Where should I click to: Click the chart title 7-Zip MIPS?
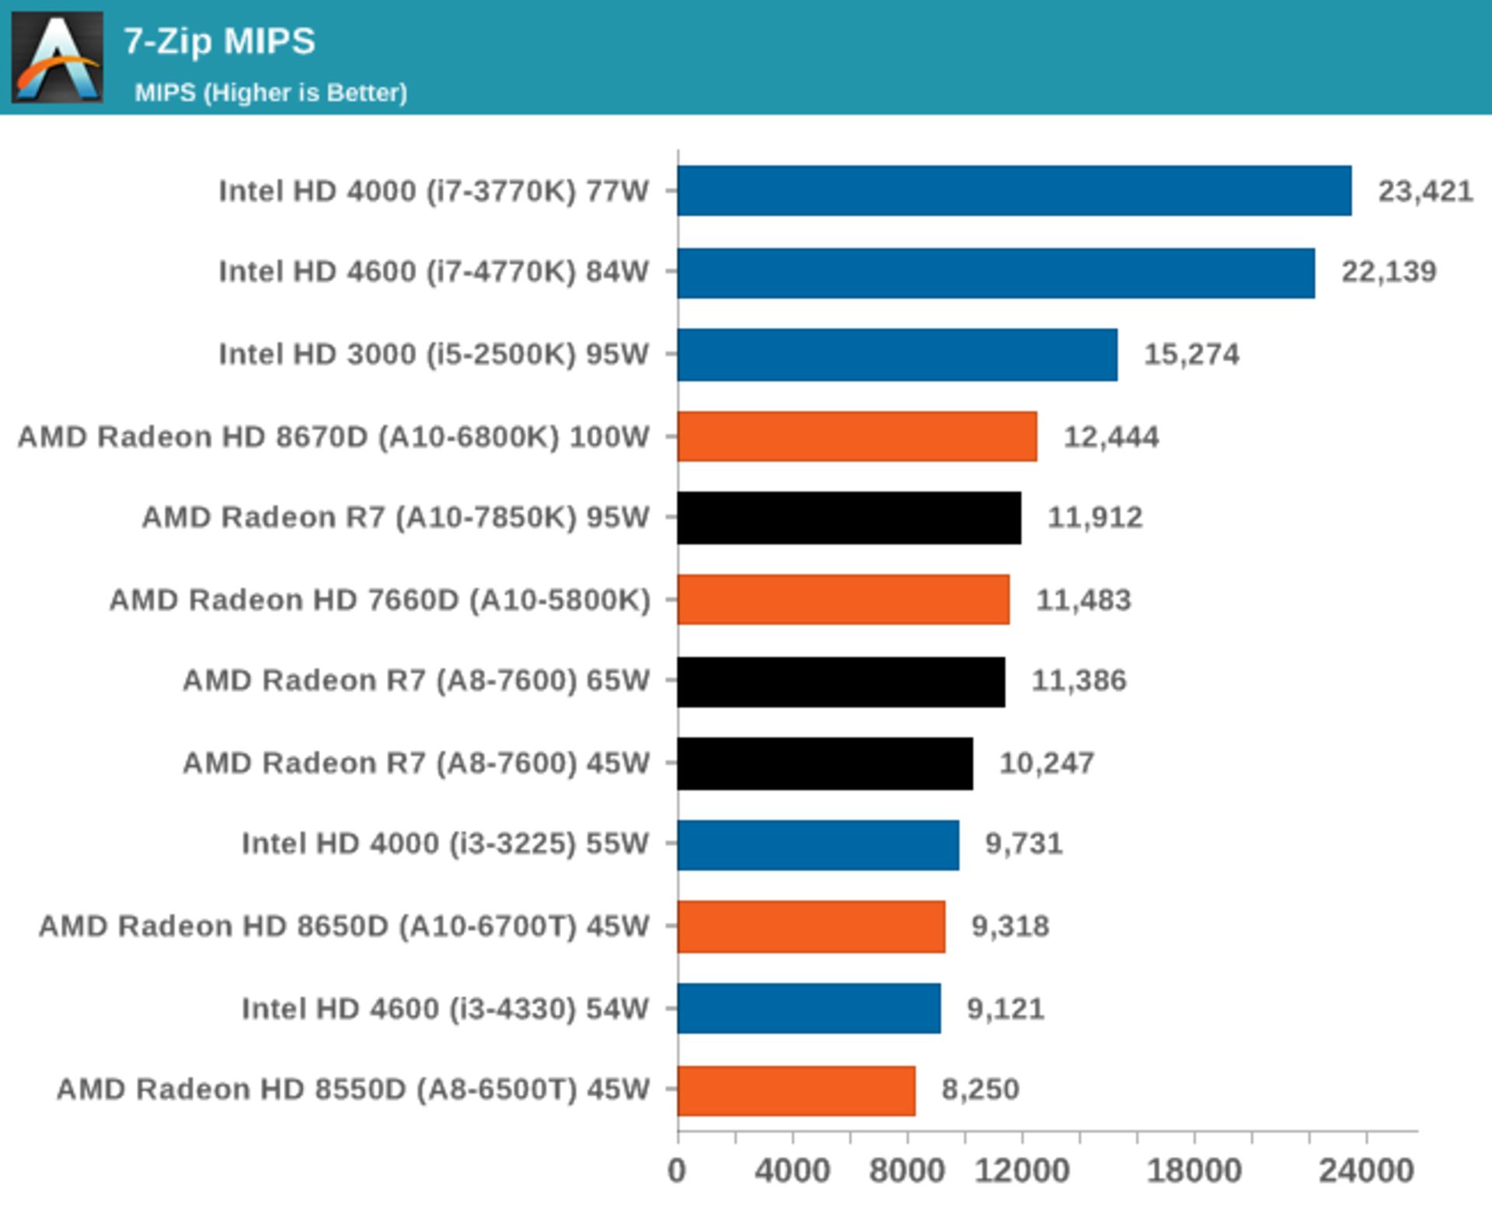pos(219,41)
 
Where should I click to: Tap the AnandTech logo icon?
pos(58,58)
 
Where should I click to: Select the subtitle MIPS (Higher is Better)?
pos(270,93)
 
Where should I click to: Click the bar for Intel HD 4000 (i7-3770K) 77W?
pos(1014,191)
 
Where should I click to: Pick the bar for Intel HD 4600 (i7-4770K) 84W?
pos(995,273)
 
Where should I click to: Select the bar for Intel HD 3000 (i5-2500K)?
pos(897,355)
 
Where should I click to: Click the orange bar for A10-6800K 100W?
pos(856,436)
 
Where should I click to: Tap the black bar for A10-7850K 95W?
pos(849,518)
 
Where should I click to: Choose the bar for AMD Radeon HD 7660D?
pos(843,600)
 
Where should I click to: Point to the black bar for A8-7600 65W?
pos(841,681)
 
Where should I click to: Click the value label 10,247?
pos(1046,764)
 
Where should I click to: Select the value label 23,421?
pos(1425,191)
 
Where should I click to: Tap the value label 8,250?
pos(980,1089)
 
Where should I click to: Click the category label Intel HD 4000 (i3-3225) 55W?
pos(444,844)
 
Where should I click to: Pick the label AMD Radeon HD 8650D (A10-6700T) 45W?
pos(343,926)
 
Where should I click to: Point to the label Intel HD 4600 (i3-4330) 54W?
pos(444,1008)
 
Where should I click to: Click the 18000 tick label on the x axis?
pos(1194,1171)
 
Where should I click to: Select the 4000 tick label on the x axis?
pos(792,1171)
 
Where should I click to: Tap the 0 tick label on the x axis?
pos(677,1171)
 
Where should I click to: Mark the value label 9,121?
pos(1005,1008)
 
